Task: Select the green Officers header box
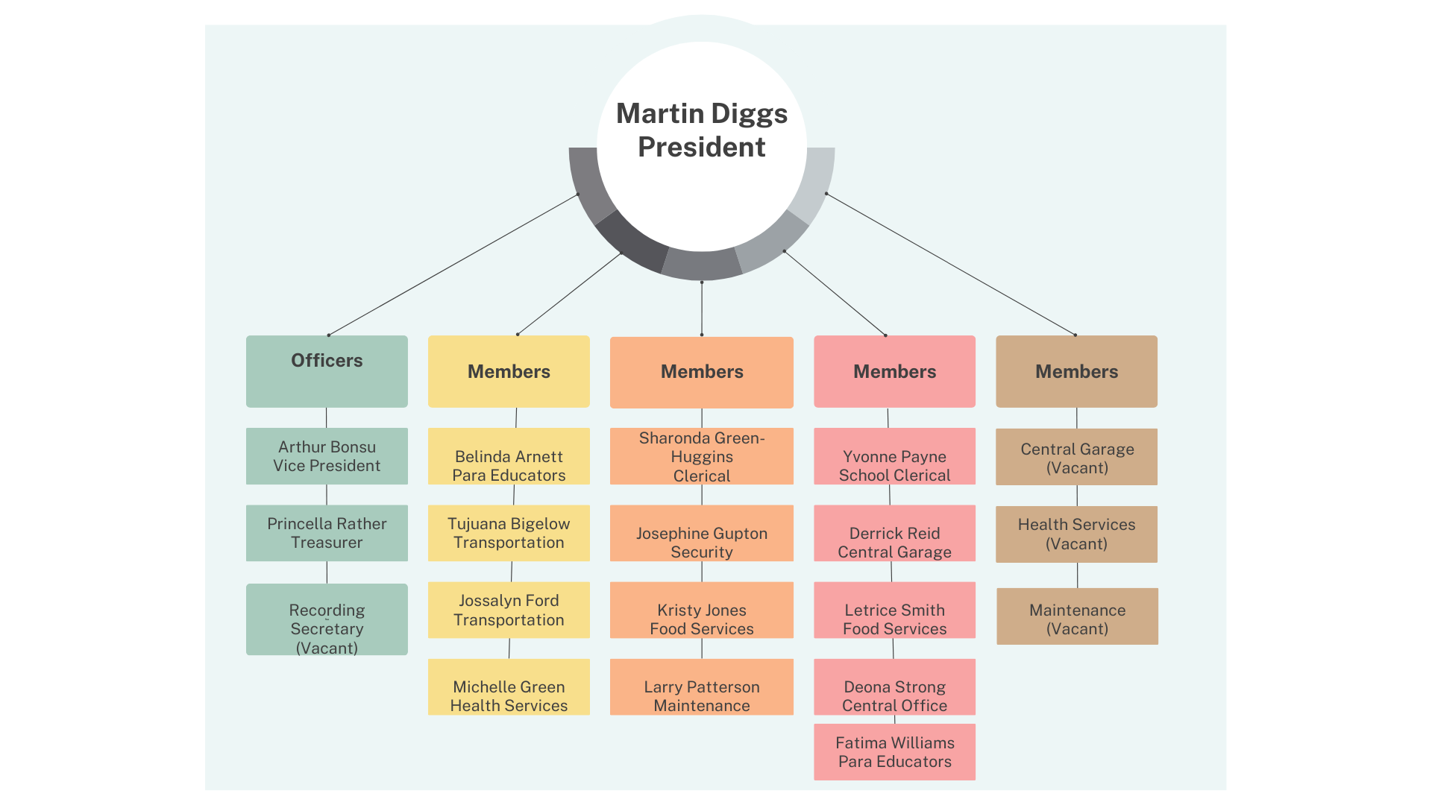(327, 371)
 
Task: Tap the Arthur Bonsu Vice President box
(327, 456)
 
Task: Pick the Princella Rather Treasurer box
(327, 533)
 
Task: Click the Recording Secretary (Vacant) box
(327, 619)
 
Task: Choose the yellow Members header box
(509, 371)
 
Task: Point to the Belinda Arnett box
(509, 456)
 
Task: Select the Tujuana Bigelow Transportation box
(509, 533)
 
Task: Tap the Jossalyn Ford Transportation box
(509, 610)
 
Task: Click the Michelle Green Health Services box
(509, 687)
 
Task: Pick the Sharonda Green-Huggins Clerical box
(701, 456)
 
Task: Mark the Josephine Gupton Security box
(701, 533)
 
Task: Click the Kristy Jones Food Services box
(701, 610)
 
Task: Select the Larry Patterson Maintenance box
(701, 687)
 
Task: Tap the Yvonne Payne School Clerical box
(894, 456)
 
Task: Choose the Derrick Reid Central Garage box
(894, 533)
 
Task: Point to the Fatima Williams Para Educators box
(894, 752)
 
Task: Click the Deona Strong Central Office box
(894, 687)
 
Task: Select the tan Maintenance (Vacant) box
(1077, 616)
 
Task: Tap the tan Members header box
(1076, 371)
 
